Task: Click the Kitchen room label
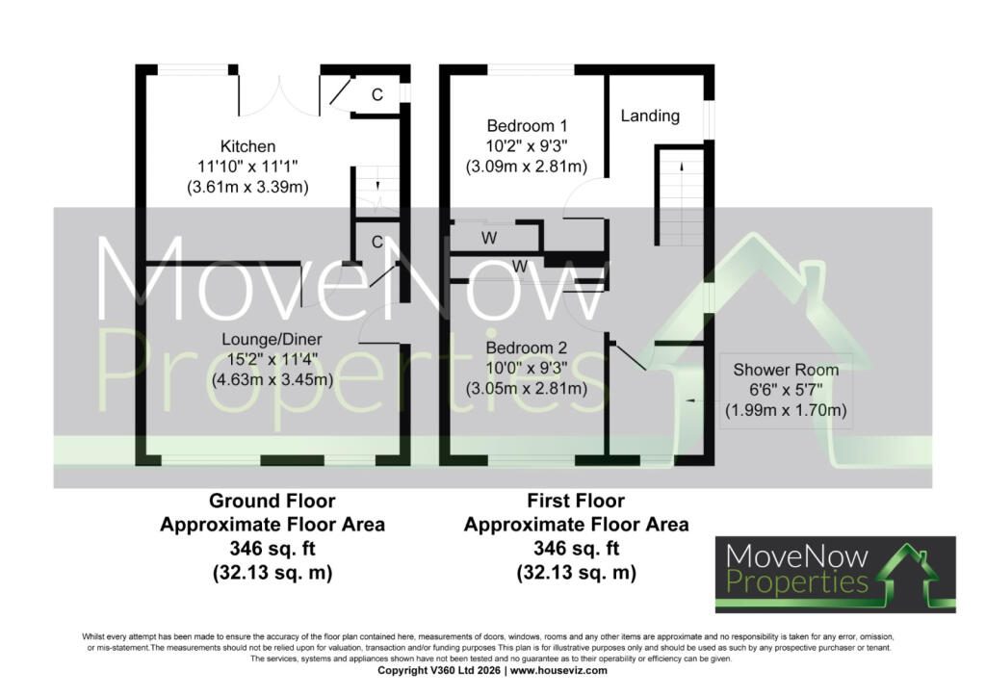247,146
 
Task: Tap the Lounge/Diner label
272,340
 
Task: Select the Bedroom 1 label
527,126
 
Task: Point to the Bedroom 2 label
527,348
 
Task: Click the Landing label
650,116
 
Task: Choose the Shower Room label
786,370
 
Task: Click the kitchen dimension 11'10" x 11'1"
247,167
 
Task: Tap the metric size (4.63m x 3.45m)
272,379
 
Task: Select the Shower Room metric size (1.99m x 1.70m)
786,410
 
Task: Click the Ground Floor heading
272,501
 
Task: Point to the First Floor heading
576,501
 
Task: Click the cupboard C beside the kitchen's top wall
377,95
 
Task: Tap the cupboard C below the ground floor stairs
377,242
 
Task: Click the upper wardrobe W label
489,238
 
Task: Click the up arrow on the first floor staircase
682,168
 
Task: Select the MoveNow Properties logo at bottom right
836,575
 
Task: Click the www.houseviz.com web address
558,670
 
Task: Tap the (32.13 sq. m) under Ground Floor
272,573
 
